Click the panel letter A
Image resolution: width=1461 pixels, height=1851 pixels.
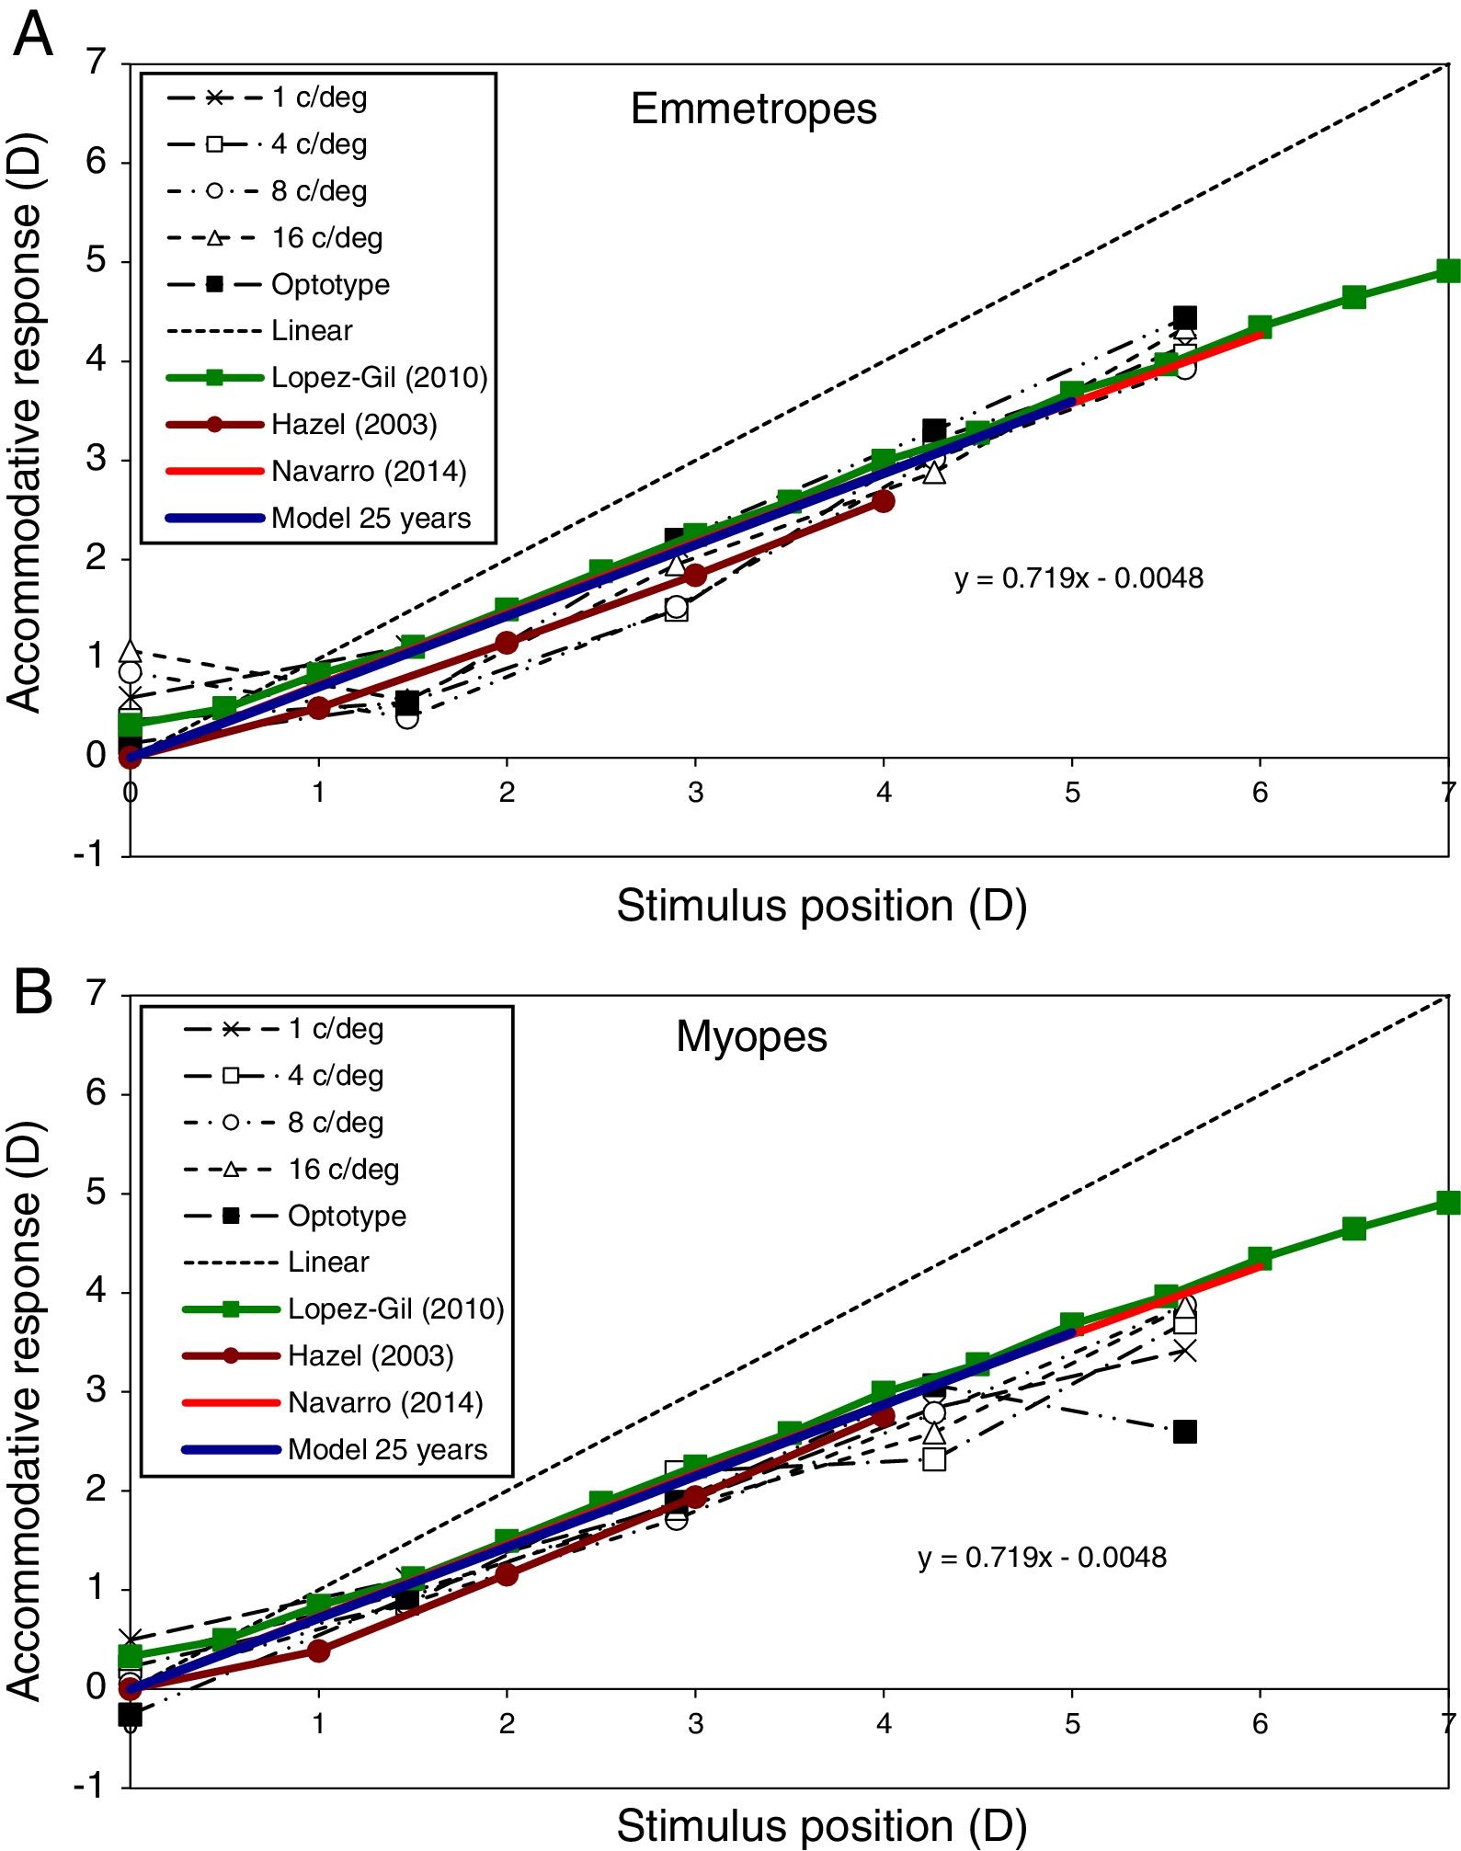click(x=33, y=35)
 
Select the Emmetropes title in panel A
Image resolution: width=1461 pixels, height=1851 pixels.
click(x=753, y=109)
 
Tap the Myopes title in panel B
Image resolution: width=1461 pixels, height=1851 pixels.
click(x=751, y=1037)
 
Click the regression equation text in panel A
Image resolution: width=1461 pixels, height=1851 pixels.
click(x=1079, y=578)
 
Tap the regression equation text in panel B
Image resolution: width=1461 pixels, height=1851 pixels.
click(x=1042, y=1557)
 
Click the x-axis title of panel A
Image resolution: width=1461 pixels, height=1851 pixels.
click(x=821, y=906)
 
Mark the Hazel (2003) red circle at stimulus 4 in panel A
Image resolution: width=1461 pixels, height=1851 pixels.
click(x=884, y=501)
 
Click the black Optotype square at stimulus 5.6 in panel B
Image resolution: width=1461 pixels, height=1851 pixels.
click(x=1185, y=1432)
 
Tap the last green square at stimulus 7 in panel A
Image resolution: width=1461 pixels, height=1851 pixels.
click(x=1448, y=270)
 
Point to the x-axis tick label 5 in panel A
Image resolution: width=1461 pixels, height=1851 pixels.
click(x=1072, y=793)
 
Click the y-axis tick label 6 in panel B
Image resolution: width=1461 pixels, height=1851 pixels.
click(x=96, y=1092)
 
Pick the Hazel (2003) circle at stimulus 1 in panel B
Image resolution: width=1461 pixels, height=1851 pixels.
click(x=319, y=1651)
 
